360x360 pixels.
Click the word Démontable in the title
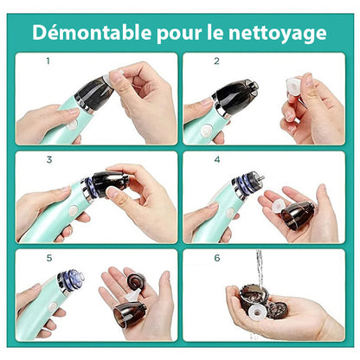[x=92, y=32]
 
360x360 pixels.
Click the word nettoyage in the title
[x=278, y=34]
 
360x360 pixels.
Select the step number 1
[x=48, y=61]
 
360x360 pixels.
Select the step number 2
[x=216, y=61]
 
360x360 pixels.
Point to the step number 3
[x=49, y=159]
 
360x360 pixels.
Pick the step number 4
[x=217, y=159]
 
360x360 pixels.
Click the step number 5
[x=49, y=258]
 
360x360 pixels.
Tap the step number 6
[x=217, y=258]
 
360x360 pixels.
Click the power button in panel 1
[x=72, y=125]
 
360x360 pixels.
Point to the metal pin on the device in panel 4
[x=260, y=177]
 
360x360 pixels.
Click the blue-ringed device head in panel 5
[x=71, y=280]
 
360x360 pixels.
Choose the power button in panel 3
[x=74, y=210]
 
